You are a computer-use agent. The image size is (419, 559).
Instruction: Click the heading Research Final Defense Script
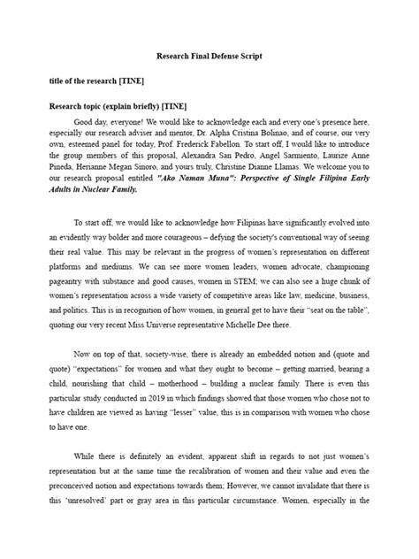(x=209, y=56)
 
